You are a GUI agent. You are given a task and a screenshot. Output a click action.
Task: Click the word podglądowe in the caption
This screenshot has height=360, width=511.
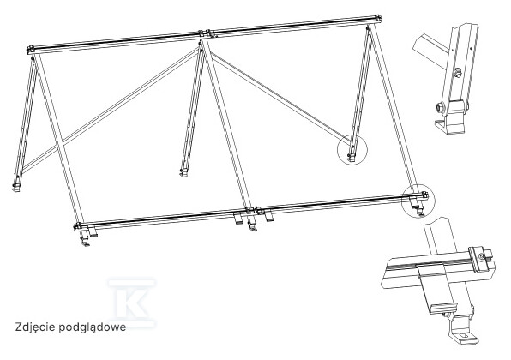[x=93, y=327]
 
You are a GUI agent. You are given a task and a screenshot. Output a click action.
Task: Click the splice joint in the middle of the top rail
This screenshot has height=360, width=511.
[x=205, y=33]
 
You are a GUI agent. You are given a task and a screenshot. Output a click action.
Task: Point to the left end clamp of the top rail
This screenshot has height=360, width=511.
[x=31, y=50]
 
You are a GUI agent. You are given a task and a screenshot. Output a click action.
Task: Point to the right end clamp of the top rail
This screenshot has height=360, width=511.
[x=378, y=18]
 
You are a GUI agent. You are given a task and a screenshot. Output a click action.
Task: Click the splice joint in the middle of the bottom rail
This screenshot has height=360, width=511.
[x=254, y=211]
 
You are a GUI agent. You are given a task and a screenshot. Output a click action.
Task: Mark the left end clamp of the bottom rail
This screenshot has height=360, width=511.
[x=77, y=225]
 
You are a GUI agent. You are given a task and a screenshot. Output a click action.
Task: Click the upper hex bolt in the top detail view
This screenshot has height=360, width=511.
[x=457, y=73]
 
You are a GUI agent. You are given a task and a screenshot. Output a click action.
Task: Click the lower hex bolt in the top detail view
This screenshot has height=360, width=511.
[x=440, y=108]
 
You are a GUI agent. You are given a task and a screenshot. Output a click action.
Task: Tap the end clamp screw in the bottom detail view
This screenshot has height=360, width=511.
[x=481, y=257]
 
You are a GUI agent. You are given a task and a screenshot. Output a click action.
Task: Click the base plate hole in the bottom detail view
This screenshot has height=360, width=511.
[x=466, y=335]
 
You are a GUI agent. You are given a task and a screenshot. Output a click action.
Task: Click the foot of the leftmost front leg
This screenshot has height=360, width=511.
[x=86, y=242]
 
